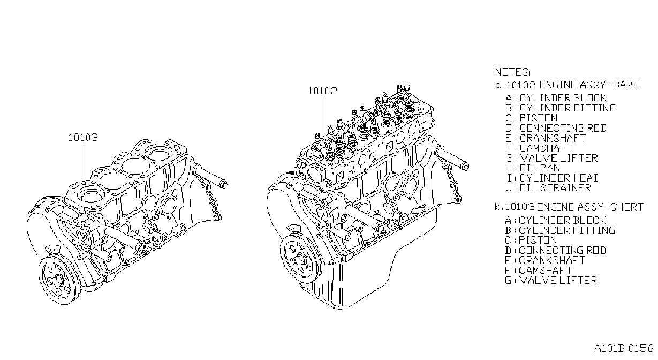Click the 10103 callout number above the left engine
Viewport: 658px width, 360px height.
click(83, 138)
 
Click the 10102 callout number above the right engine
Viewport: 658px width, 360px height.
click(322, 91)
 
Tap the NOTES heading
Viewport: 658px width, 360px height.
click(512, 72)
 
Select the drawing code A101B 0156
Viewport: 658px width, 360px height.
click(623, 349)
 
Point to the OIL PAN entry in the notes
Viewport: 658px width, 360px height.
click(540, 168)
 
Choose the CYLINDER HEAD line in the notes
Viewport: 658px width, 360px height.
click(559, 178)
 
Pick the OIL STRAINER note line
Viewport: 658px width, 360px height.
click(556, 188)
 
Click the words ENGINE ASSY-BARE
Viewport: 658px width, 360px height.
click(589, 85)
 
